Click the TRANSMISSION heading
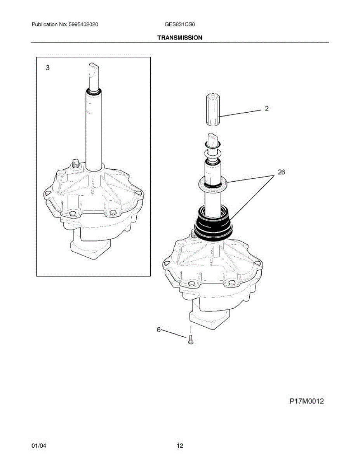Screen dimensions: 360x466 (x=180, y=38)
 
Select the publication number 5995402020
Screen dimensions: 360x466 (x=83, y=24)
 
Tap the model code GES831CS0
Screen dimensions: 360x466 (x=180, y=24)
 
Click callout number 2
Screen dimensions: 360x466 (x=266, y=108)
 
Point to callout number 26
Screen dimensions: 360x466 (x=281, y=172)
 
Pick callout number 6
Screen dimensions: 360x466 (x=159, y=330)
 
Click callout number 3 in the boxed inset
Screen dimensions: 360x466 (x=48, y=68)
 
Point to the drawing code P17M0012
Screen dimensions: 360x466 (x=307, y=401)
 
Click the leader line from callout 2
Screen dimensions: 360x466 (x=240, y=113)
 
